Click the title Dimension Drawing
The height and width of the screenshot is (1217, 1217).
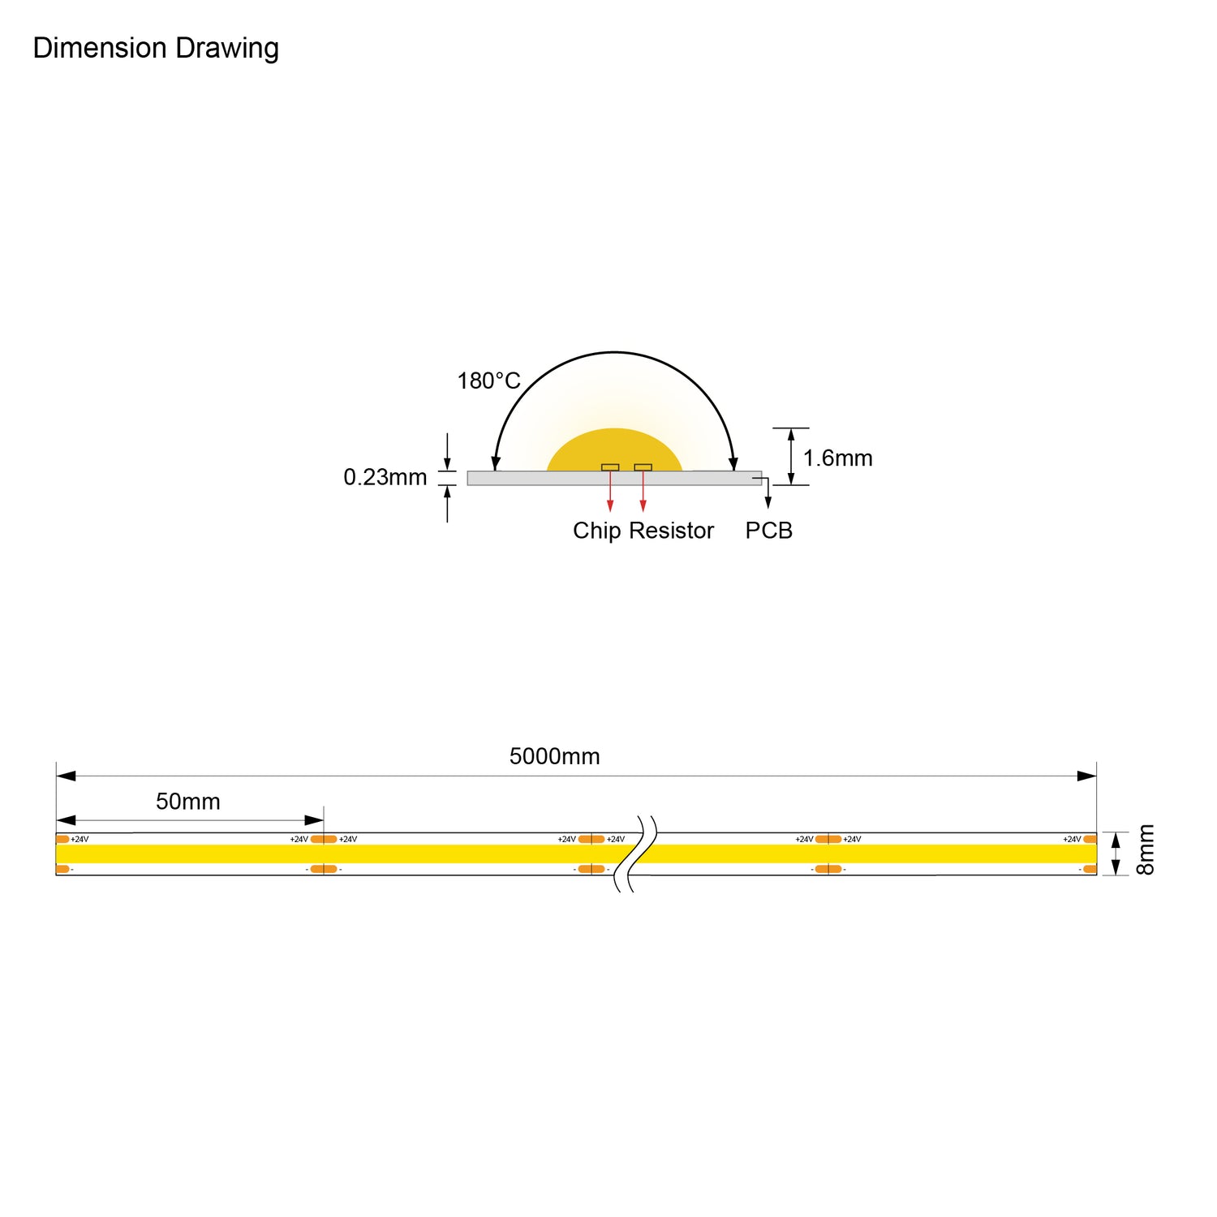tap(156, 49)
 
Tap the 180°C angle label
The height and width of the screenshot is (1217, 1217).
tap(488, 381)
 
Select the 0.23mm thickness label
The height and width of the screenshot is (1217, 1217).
tap(385, 477)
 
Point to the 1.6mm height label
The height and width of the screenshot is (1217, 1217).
tap(837, 458)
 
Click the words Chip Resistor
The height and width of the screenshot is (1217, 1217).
tap(643, 531)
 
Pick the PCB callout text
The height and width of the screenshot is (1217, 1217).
tap(768, 531)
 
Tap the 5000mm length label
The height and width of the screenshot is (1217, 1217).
tap(555, 756)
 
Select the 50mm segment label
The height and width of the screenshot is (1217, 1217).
tap(188, 802)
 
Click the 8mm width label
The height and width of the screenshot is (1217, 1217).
tap(1145, 849)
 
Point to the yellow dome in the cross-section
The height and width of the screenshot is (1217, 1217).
tap(614, 451)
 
